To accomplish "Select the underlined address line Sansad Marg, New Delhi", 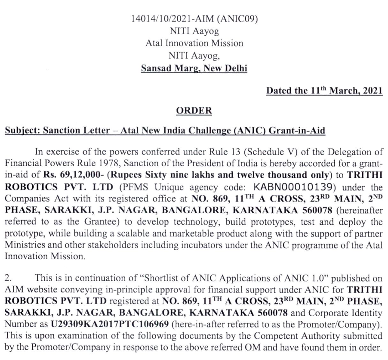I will (194, 68).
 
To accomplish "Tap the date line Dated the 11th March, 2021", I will (326, 91).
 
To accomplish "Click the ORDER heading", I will (194, 111).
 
